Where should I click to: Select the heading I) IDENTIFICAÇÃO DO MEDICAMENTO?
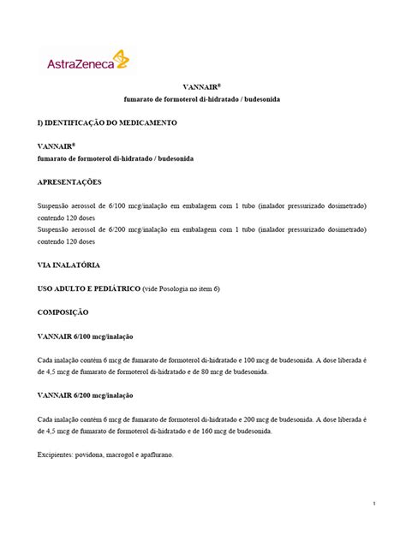107,123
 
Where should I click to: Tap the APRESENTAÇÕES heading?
69,182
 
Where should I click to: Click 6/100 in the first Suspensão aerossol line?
125,206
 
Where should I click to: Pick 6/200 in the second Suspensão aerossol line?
125,230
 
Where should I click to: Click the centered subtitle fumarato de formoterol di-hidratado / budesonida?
202,100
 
